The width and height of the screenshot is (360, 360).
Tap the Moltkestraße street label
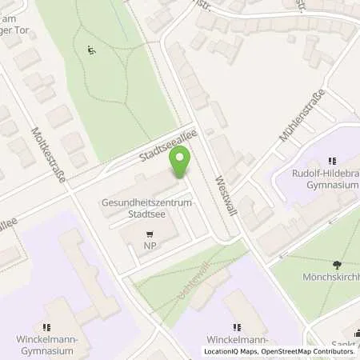[48, 153]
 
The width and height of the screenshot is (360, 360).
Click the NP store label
[149, 247]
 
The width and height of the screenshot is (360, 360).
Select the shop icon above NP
[149, 234]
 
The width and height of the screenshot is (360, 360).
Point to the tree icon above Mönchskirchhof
[335, 264]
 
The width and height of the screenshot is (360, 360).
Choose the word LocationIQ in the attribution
[225, 351]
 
